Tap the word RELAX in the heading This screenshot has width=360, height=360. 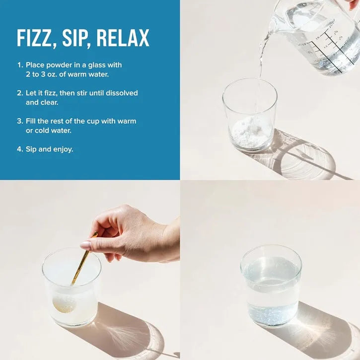123,38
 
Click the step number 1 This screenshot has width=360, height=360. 20,65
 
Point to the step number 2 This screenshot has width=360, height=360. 20,93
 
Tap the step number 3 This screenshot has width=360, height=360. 20,121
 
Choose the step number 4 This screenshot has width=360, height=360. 20,149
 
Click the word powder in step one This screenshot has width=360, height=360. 59,66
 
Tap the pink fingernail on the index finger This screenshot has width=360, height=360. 85,245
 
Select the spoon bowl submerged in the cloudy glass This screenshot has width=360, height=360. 64,303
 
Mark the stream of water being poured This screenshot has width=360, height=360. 261,69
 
